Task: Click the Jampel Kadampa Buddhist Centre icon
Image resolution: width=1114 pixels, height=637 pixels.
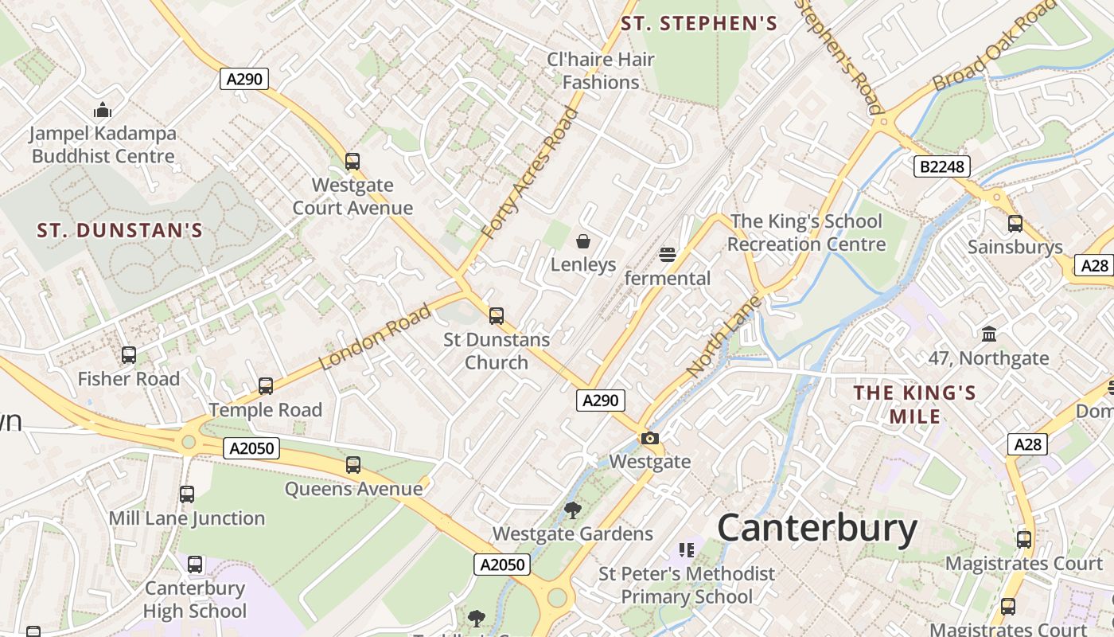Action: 103,110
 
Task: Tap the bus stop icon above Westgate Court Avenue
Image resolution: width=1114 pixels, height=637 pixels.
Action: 353,162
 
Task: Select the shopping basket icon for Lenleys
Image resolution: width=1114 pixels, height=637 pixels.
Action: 583,241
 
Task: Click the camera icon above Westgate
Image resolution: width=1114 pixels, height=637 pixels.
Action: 650,438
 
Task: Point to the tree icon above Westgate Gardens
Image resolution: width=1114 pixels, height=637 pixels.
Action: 572,510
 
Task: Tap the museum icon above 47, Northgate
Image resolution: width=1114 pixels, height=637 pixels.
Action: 989,334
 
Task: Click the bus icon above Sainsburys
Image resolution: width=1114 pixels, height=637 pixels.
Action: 1015,224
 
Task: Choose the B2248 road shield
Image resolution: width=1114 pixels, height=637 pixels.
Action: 942,166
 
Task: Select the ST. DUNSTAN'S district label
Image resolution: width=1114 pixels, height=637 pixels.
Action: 120,231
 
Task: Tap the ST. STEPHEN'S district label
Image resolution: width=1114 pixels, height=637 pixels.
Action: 699,24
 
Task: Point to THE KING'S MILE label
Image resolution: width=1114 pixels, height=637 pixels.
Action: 915,404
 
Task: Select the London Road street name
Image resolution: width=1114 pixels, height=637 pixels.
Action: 375,336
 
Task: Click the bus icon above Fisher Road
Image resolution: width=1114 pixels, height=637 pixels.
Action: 129,355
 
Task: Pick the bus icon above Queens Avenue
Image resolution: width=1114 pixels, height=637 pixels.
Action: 353,465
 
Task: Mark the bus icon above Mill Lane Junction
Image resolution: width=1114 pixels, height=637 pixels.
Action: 187,494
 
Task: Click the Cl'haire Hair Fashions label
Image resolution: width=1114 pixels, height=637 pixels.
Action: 601,70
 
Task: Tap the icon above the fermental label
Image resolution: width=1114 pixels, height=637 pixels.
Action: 667,255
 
